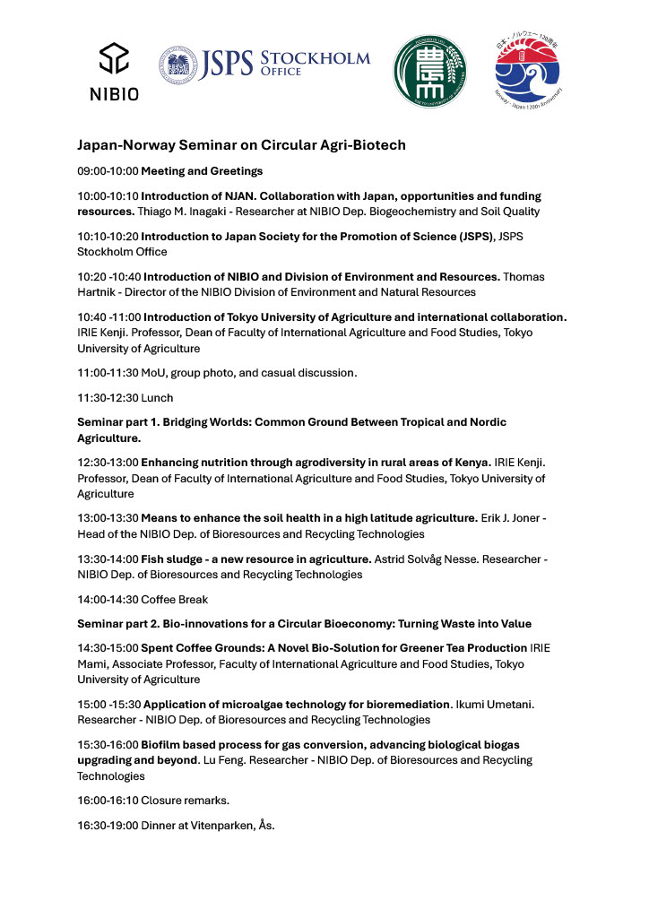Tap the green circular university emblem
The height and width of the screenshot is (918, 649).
point(430,70)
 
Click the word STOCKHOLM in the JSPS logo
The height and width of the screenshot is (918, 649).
point(315,58)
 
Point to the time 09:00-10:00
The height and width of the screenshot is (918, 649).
point(108,170)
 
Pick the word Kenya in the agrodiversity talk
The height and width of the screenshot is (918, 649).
point(471,462)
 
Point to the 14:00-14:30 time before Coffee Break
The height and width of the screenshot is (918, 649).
point(108,601)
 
